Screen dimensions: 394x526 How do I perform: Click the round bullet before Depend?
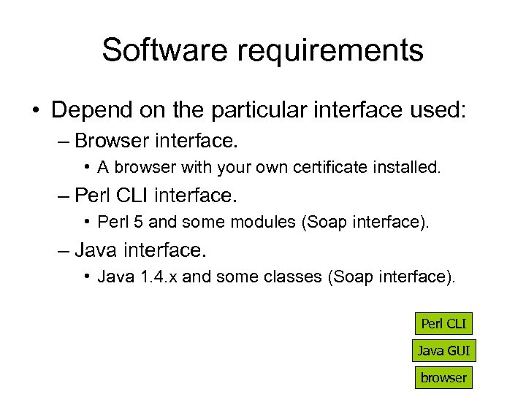35,111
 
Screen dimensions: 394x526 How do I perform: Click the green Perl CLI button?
443,323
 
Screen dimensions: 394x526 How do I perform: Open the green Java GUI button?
443,350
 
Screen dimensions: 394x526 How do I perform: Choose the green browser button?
443,377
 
